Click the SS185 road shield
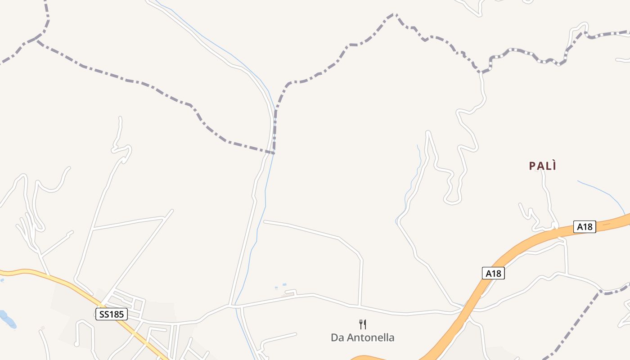(x=111, y=314)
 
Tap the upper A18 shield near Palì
(x=585, y=227)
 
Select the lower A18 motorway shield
(x=493, y=273)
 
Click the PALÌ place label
(x=543, y=166)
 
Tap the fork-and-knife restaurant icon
(x=363, y=324)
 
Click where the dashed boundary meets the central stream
(x=273, y=153)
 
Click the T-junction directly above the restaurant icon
(x=360, y=306)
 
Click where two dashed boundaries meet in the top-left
(x=37, y=40)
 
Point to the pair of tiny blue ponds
(x=280, y=286)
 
